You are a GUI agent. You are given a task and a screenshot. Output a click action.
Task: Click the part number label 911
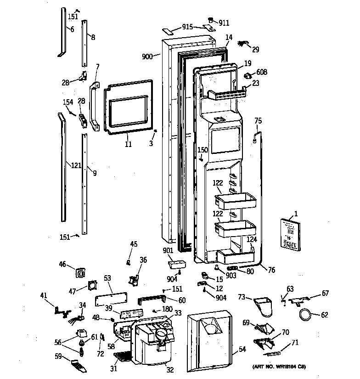point(224,23)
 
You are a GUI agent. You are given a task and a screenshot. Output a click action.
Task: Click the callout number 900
point(147,57)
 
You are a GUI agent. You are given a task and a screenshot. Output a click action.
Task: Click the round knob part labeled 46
point(81,273)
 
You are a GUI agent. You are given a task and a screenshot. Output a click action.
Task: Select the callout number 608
point(262,72)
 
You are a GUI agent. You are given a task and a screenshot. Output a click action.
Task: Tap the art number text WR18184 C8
point(279,367)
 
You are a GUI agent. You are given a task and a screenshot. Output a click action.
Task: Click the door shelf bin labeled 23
point(227,94)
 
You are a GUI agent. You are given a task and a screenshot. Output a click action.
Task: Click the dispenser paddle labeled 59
point(79,365)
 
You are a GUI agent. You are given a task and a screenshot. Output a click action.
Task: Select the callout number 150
point(202,150)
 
